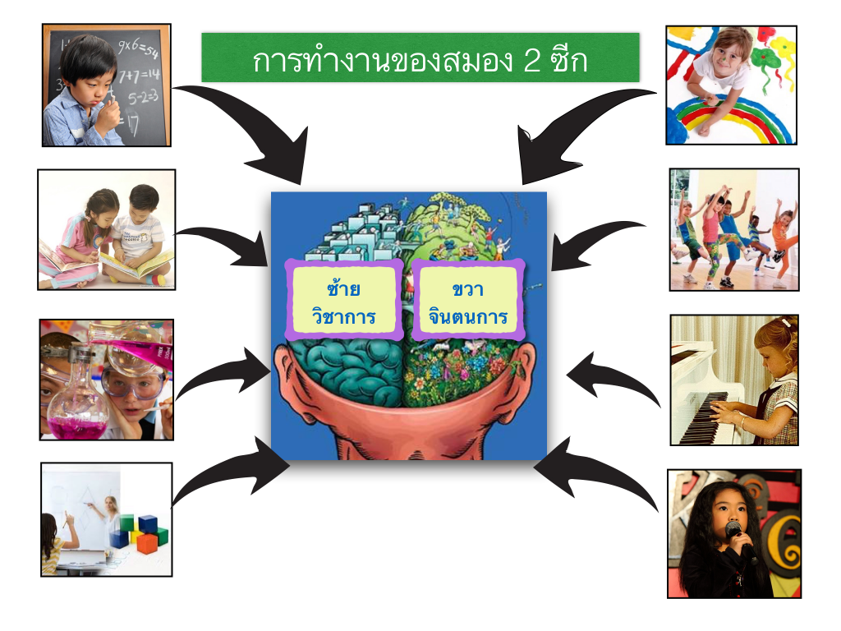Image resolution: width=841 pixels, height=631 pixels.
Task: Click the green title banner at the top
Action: [x=420, y=58]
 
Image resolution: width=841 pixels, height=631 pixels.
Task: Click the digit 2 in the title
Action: [x=531, y=60]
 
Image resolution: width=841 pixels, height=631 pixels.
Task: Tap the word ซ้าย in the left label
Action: [x=343, y=288]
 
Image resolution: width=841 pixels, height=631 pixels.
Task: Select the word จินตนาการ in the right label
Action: [x=467, y=316]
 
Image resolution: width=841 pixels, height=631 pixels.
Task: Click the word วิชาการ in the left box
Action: [x=343, y=315]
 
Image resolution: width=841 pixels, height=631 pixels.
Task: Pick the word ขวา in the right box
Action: [x=467, y=290]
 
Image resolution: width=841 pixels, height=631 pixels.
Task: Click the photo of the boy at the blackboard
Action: [x=107, y=85]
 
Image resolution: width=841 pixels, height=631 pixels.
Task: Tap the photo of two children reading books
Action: [x=107, y=230]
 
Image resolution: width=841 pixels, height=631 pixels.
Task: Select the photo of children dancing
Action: [x=734, y=230]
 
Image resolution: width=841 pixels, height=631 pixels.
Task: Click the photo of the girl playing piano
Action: [x=734, y=380]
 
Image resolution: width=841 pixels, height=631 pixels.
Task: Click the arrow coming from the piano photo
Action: [x=611, y=375]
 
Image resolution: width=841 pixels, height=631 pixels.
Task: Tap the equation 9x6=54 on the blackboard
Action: [x=138, y=48]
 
